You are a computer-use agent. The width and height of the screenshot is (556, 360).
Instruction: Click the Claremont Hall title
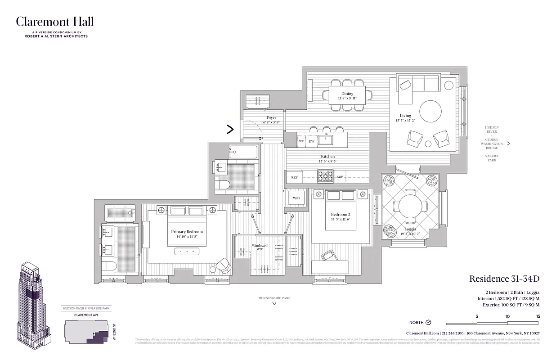[55, 22]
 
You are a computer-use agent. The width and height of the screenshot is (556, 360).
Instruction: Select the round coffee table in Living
[430, 111]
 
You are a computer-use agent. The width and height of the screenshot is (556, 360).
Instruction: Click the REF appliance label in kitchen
[294, 177]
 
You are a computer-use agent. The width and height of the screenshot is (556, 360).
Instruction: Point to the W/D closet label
[296, 198]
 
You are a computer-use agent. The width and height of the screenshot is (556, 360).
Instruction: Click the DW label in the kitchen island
[311, 141]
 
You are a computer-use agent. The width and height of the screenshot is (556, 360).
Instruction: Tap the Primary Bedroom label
[187, 232]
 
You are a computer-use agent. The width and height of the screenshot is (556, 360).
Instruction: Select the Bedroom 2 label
[341, 215]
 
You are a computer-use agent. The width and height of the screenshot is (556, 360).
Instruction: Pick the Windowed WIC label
[260, 247]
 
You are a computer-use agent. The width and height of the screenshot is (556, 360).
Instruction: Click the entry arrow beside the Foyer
[230, 130]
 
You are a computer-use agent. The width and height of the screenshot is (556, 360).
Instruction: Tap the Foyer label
[271, 118]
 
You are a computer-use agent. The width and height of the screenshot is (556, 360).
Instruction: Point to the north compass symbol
[428, 322]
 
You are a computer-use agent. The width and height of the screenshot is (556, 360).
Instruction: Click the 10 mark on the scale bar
[507, 316]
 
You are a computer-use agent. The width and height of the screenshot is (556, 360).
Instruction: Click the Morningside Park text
[274, 298]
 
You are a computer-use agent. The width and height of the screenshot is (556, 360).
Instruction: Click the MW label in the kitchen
[340, 177]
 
